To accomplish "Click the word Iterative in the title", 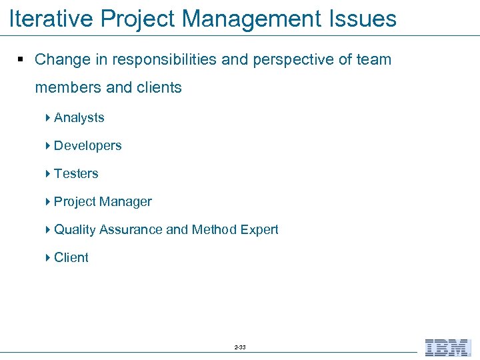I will click(x=50, y=19).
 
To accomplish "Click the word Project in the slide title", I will click(x=135, y=19).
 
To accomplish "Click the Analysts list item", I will click(x=79, y=118).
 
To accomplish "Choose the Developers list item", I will click(x=87, y=146).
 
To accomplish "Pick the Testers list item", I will click(x=76, y=174).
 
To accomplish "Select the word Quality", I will click(x=75, y=230).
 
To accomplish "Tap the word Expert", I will click(x=259, y=230).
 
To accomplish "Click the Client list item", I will click(x=71, y=258).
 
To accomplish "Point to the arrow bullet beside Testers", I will click(x=49, y=174).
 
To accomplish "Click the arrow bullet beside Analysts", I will click(x=49, y=118).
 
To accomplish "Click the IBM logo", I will click(x=448, y=347).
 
